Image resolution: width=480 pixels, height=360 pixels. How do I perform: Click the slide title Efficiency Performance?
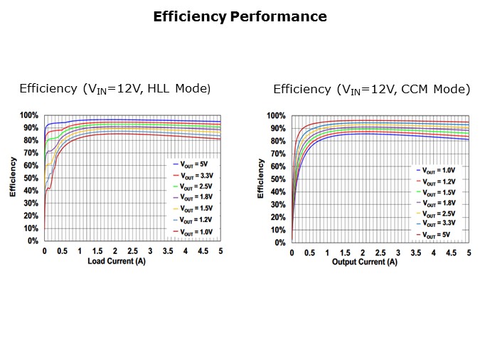click(x=240, y=16)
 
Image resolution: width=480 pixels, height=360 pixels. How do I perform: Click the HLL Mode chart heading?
click(x=115, y=89)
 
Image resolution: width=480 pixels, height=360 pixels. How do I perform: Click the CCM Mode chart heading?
click(x=371, y=90)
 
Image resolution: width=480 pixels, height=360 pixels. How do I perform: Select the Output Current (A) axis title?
click(x=365, y=262)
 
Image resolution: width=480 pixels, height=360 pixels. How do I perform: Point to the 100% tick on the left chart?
click(x=29, y=115)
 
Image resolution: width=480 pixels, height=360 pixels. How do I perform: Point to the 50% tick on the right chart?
click(x=277, y=179)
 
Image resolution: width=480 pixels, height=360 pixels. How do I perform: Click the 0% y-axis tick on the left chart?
click(x=33, y=241)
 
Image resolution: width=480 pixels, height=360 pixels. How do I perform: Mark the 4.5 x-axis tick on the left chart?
click(x=203, y=251)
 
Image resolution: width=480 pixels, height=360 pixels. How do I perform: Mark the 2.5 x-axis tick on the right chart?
click(x=380, y=253)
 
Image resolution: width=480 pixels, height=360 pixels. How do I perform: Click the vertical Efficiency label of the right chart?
click(x=261, y=179)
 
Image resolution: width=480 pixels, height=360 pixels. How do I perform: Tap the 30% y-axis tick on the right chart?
click(x=277, y=204)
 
